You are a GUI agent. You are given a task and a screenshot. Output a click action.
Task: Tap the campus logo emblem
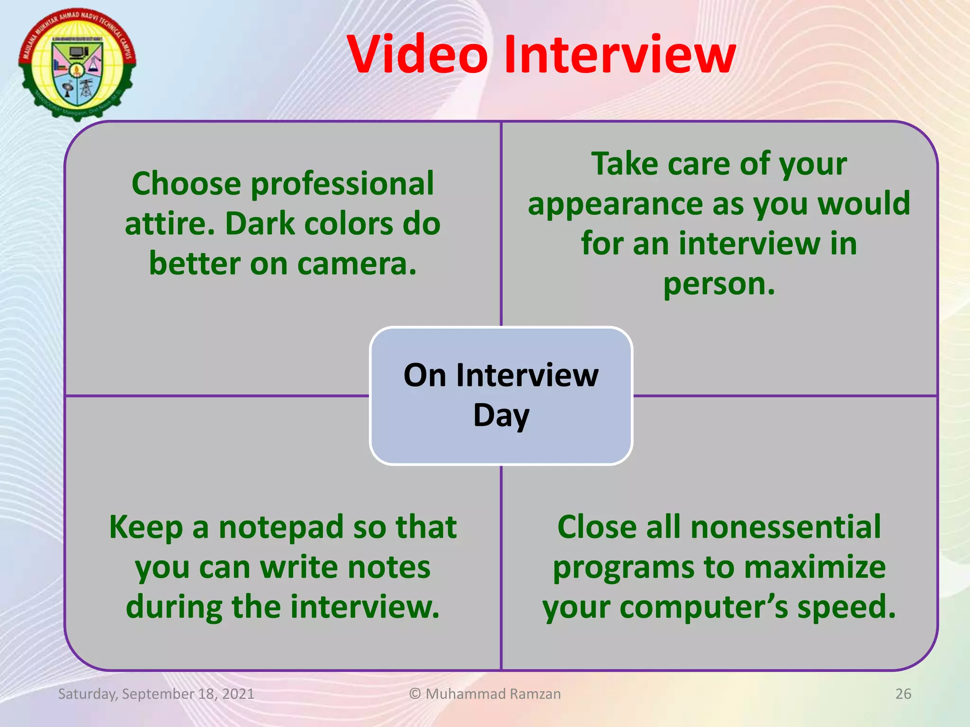pos(77,64)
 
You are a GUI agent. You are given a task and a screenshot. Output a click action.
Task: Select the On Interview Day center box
pos(501,396)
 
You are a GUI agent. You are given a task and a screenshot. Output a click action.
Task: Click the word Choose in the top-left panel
pos(186,184)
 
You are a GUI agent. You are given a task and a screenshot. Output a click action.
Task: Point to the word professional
pos(342,184)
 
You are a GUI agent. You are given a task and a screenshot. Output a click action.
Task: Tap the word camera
pos(357,264)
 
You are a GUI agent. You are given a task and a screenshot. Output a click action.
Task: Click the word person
pos(719,284)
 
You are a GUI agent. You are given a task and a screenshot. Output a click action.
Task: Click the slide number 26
pos(903,694)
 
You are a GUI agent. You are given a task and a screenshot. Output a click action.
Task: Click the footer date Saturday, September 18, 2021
pos(156,694)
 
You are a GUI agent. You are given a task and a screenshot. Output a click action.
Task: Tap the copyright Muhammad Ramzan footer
pos(485,694)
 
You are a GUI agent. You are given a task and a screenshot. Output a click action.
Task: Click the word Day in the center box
pos(501,416)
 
